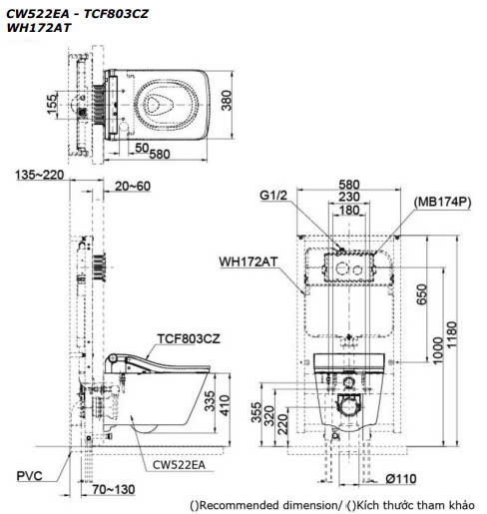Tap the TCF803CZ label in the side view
188,338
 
